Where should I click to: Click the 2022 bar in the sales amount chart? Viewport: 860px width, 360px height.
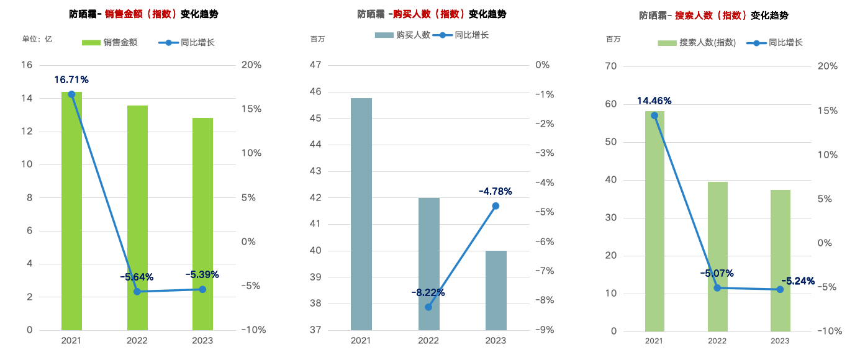[137, 217]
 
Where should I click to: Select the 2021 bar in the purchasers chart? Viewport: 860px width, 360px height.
[361, 214]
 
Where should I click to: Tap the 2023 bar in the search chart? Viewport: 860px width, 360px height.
[780, 260]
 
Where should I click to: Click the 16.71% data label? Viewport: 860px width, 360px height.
[71, 79]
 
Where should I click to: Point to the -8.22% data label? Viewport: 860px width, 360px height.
[428, 292]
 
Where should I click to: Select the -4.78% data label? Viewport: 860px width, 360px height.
[496, 191]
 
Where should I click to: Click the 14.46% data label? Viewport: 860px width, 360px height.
[654, 101]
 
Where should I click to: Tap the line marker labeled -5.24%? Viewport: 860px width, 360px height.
[781, 289]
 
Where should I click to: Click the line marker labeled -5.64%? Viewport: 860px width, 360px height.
[137, 291]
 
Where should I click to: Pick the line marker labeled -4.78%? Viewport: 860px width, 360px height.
[496, 205]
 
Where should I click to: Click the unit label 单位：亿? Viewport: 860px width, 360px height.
[37, 39]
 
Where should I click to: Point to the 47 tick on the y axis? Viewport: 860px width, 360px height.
[315, 65]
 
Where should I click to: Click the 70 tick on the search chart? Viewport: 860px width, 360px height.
[612, 66]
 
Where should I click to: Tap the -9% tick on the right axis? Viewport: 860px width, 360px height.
[542, 330]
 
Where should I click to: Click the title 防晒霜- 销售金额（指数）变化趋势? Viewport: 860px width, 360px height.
[143, 14]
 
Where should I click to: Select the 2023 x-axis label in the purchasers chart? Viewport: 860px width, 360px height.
[496, 340]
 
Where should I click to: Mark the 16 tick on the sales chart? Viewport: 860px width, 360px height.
[27, 65]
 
